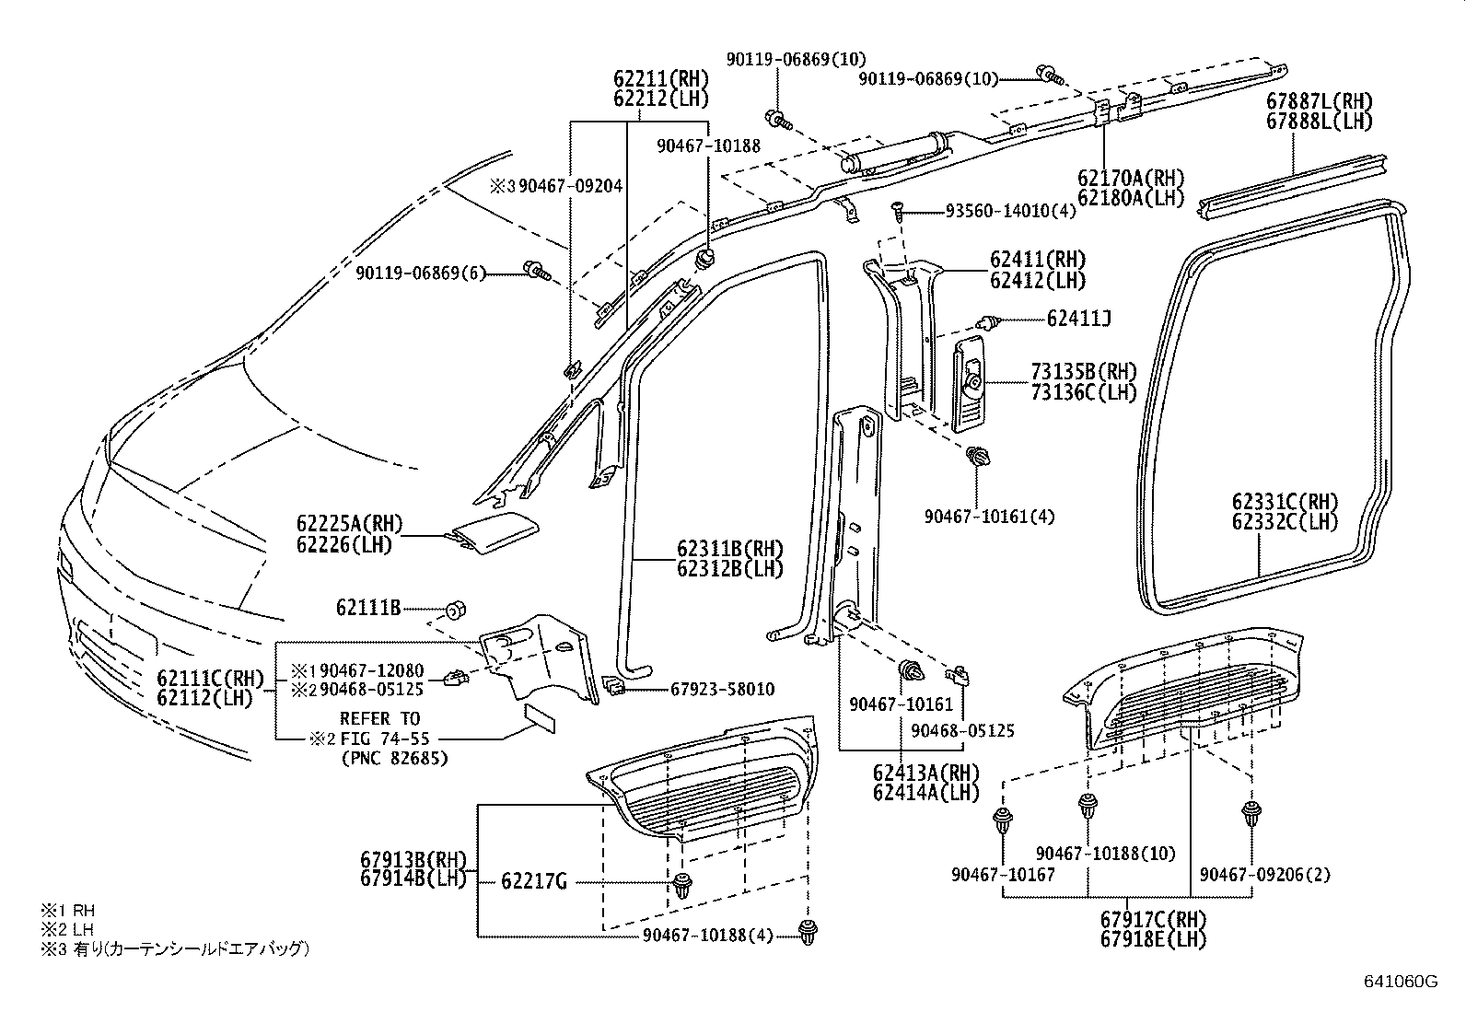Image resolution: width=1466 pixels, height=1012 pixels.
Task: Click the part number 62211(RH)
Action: [x=661, y=79]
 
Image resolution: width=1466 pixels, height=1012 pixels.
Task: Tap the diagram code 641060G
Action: [x=1400, y=982]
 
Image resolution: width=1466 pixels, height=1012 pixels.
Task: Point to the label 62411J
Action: [x=1078, y=320]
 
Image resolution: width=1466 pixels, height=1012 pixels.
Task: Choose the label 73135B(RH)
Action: [x=1083, y=372]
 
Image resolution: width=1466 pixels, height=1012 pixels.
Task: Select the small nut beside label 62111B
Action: [x=455, y=610]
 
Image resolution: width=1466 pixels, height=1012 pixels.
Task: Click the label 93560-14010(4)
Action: [x=1010, y=211]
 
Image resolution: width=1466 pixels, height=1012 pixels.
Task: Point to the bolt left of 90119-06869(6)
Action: [x=535, y=270]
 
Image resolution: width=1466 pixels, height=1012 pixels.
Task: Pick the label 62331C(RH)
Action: [x=1286, y=502]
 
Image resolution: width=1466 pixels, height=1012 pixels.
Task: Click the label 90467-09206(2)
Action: [x=1265, y=875]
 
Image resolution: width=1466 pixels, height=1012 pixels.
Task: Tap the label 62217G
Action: [x=534, y=881]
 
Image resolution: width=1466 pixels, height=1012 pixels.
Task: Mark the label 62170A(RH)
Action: [x=1131, y=177]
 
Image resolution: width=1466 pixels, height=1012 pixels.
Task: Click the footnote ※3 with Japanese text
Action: [x=175, y=948]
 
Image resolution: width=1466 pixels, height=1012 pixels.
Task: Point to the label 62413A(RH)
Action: [x=926, y=772]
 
